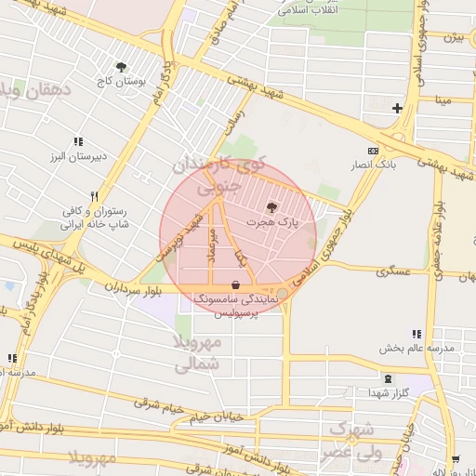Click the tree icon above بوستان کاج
pyautogui.click(x=121, y=66)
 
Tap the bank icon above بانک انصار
pyautogui.click(x=374, y=151)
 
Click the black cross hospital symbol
pyautogui.click(x=398, y=108)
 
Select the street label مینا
pyautogui.click(x=443, y=99)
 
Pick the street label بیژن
pyautogui.click(x=453, y=38)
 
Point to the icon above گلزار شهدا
pyautogui.click(x=388, y=378)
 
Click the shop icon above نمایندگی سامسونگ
pyautogui.click(x=236, y=284)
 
